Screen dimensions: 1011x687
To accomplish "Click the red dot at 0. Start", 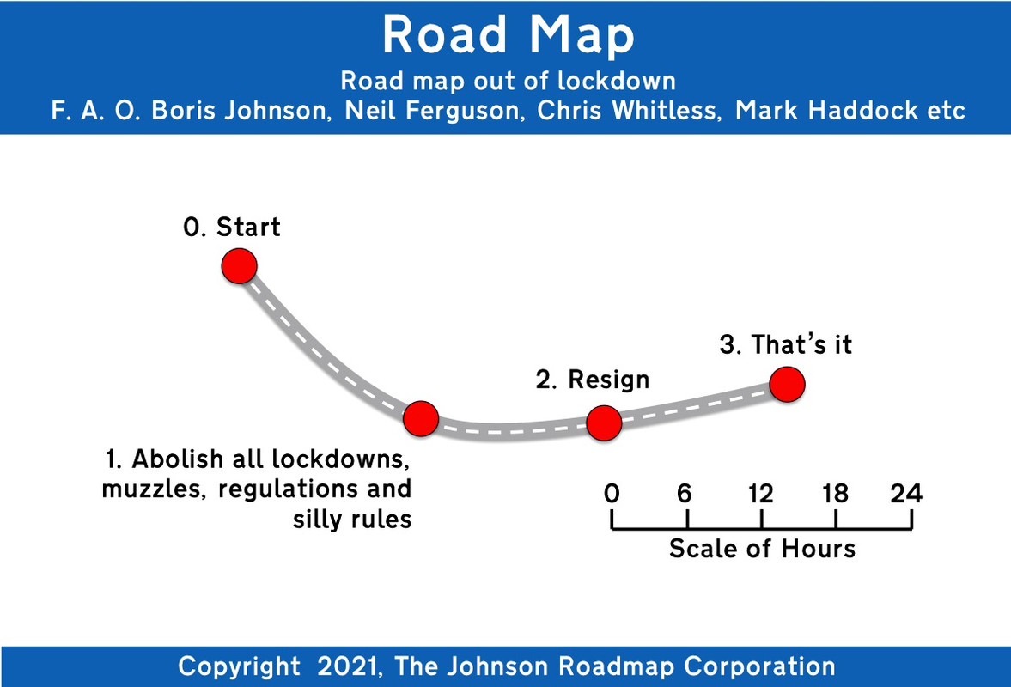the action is [x=240, y=266].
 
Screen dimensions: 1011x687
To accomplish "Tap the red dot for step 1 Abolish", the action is [x=421, y=418].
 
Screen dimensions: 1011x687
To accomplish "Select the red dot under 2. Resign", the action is [x=603, y=422].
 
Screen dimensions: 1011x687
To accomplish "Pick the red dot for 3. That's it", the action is [x=787, y=384].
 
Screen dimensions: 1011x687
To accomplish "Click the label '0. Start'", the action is [x=232, y=228].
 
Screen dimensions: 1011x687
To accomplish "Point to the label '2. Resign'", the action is [x=593, y=380].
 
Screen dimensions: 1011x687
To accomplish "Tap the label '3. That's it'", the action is [x=786, y=345].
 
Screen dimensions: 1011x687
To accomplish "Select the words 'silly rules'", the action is [x=352, y=520].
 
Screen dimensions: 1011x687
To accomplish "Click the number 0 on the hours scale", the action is [x=612, y=494].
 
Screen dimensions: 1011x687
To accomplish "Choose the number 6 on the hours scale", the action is [x=685, y=494].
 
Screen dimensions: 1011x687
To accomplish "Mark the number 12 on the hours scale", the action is [x=761, y=494].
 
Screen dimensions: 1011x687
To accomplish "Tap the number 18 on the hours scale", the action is [x=835, y=494].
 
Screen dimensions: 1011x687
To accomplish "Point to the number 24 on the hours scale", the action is [x=906, y=494].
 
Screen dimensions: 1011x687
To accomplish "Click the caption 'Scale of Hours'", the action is [x=762, y=548].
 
